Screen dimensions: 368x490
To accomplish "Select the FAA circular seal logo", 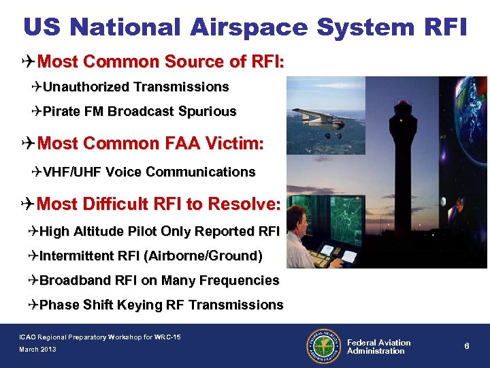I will pos(324,346).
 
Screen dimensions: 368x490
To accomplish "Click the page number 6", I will pos(467,346).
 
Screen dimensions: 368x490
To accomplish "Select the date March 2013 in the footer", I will pos(37,350).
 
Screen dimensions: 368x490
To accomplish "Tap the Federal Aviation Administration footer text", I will pos(378,347).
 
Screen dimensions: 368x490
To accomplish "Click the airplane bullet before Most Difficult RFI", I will pos(27,204).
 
